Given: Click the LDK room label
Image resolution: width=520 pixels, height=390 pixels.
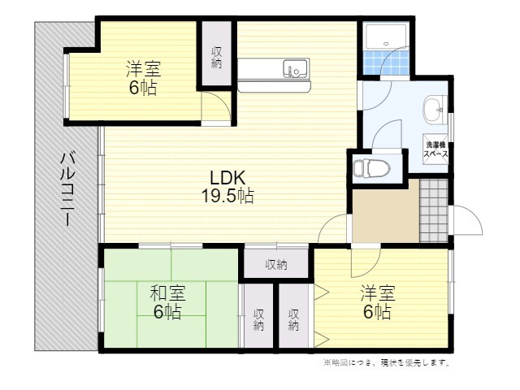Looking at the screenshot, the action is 227,178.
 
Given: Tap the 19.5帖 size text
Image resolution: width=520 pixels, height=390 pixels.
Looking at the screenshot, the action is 227,196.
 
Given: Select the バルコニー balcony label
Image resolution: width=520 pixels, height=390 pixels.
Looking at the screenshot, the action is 67,188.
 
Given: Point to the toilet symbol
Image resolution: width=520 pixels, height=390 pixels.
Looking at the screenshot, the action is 368,168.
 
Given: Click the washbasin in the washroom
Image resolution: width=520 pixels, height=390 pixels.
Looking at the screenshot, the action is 435,110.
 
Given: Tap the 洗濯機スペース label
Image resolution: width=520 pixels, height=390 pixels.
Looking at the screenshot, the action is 435,149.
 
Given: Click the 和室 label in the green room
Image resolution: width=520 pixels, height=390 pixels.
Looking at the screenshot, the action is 168,292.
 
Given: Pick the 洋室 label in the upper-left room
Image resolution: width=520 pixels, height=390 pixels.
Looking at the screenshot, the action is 143,68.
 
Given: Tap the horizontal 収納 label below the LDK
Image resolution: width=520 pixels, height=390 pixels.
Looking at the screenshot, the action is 276,265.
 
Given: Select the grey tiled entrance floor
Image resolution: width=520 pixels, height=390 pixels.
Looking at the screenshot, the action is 434,211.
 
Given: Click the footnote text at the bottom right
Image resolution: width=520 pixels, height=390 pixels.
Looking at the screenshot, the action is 387,362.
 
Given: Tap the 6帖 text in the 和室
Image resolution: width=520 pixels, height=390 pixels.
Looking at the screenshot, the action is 167,311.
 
